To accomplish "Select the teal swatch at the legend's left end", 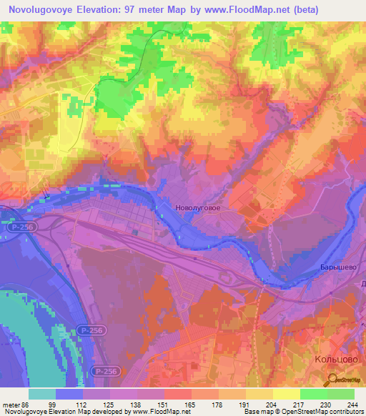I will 42,394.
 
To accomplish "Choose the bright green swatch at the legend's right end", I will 341,394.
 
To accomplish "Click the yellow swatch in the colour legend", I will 287,394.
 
